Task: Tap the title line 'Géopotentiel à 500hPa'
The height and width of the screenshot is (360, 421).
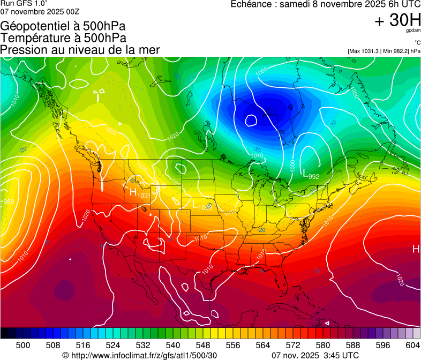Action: (63, 26)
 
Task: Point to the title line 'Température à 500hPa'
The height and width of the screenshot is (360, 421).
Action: (63, 38)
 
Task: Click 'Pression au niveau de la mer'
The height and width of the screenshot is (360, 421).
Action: (80, 50)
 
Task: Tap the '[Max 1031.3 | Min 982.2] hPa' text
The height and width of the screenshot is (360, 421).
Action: (384, 51)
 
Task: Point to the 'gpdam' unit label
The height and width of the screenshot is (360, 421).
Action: (413, 31)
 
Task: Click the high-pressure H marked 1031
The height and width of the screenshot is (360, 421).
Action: (133, 191)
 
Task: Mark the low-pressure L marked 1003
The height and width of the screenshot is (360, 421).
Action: (196, 204)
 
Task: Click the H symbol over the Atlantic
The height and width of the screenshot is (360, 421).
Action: (416, 249)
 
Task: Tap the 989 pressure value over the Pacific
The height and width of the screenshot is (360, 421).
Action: (8, 202)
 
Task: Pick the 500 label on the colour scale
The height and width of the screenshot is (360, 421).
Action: (23, 345)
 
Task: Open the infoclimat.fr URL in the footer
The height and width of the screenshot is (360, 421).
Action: (140, 355)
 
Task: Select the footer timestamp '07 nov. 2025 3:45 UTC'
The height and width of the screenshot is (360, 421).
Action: (315, 355)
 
